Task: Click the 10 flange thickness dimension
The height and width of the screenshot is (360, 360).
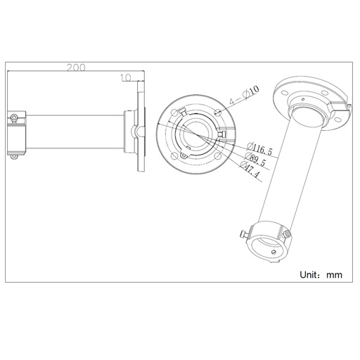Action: [125, 79]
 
